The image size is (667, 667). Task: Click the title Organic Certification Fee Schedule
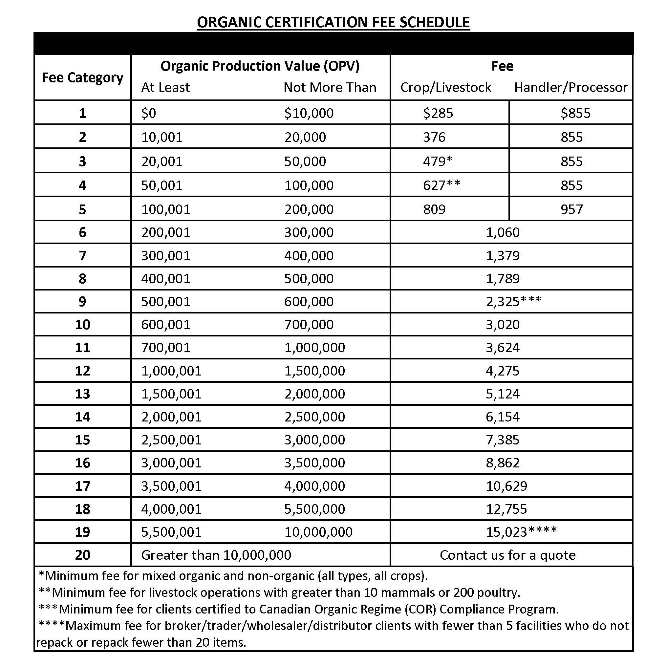[x=333, y=22]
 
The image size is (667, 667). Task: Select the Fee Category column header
[x=82, y=78]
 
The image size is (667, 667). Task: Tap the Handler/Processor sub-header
[x=571, y=88]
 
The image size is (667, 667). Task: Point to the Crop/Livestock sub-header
[x=446, y=88]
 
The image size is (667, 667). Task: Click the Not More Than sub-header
[x=330, y=88]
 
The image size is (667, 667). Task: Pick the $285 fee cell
[x=438, y=113]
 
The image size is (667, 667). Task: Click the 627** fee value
[x=441, y=185]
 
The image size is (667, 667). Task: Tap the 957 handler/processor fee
[x=572, y=209]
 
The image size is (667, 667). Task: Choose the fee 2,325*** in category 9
[x=514, y=301]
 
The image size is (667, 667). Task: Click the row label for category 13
[x=82, y=394]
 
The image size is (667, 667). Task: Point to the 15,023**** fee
[x=521, y=532]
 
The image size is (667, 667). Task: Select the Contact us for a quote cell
[x=507, y=555]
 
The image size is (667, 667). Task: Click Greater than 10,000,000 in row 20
[x=216, y=555]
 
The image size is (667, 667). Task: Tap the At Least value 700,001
[x=166, y=347]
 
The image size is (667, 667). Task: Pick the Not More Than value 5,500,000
[x=314, y=509]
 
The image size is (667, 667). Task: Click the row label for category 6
[x=82, y=232]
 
